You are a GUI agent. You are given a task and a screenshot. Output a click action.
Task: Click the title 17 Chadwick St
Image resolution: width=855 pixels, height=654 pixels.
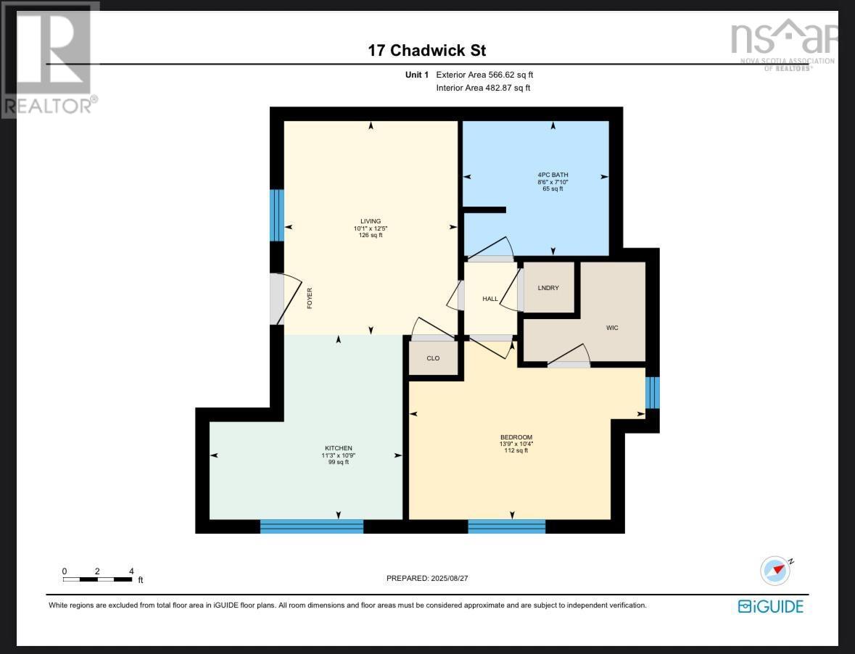coord(426,50)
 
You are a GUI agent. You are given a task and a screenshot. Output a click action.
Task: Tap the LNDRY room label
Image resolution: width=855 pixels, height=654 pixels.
coord(548,288)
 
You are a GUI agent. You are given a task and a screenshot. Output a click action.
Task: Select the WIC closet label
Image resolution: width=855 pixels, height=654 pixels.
coord(612,328)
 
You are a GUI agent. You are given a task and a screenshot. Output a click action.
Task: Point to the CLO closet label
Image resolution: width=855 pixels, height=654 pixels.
coord(433,358)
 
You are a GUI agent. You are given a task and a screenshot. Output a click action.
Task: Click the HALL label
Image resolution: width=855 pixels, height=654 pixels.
coord(490,299)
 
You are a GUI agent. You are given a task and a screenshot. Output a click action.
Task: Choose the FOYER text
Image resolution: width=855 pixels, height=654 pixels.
coord(310,299)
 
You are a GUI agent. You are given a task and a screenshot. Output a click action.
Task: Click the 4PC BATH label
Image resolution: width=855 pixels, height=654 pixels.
coord(553,175)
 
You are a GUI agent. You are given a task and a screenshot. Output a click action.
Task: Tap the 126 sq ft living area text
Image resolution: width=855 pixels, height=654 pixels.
coord(371,235)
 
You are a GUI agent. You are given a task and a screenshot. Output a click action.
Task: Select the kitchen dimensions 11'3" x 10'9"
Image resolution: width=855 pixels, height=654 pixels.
coord(339,455)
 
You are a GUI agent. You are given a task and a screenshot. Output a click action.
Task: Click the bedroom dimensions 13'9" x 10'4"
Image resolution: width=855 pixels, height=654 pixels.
coord(516,444)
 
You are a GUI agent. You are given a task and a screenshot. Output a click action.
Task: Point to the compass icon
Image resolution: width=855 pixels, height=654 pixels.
coord(775,570)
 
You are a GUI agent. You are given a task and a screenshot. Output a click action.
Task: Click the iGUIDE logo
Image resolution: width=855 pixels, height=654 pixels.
coord(771,606)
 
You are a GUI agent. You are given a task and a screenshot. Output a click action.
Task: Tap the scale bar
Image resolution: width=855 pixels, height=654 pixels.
coord(97,579)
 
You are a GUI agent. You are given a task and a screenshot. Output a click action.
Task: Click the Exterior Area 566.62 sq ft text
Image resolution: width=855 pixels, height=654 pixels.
coord(484,75)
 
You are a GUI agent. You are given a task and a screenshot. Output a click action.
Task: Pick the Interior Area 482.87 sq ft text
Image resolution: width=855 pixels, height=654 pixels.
coord(483,88)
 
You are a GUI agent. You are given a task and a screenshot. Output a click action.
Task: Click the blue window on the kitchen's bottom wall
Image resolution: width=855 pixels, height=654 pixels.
coord(312,526)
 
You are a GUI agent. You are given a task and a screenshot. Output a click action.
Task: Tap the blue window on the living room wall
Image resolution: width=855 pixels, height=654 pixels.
coord(277,215)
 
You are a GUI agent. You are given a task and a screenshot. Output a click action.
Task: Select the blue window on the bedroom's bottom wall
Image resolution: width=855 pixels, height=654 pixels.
coord(506,526)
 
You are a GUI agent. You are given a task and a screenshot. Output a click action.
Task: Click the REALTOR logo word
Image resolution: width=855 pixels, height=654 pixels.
coord(48,106)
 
